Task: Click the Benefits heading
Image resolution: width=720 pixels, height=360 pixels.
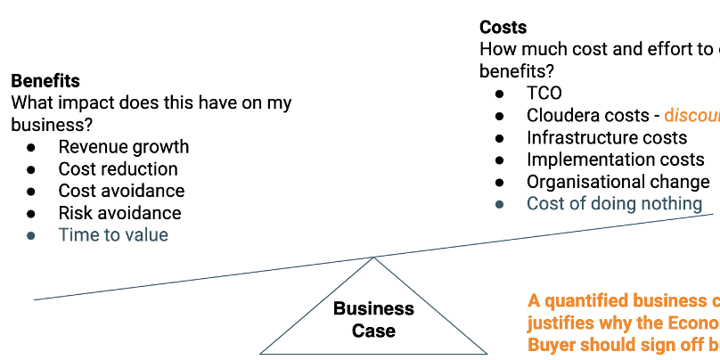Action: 45,81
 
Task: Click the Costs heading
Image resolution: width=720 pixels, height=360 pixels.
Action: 503,28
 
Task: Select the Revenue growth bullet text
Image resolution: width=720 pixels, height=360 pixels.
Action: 124,147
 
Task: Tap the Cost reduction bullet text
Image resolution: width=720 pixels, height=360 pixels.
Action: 118,168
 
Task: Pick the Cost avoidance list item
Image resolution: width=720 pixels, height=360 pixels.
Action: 121,191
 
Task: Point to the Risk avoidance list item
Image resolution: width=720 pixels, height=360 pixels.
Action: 119,213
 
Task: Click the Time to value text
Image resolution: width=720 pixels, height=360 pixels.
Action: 113,235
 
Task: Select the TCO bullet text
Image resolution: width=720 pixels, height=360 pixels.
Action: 544,93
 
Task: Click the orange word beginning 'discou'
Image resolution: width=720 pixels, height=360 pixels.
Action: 692,115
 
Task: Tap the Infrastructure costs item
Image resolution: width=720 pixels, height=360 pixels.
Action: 607,137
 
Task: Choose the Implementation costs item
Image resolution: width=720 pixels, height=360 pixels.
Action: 615,160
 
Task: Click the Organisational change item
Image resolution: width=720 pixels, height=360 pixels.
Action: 618,182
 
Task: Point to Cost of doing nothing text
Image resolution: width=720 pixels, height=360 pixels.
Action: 614,204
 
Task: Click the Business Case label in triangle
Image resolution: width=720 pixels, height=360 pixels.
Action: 373,320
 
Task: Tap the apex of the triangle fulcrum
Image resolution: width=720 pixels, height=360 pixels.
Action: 373,258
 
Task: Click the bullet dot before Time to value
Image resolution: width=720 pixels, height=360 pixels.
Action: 31,236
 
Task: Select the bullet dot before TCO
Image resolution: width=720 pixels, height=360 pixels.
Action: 500,94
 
